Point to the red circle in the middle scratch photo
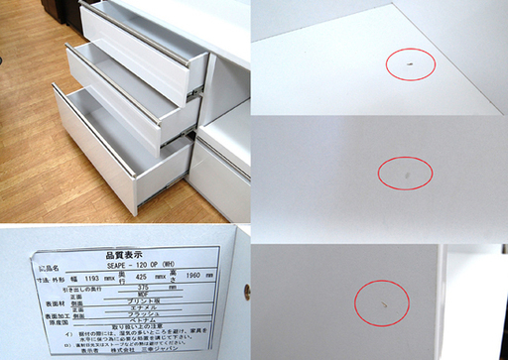405,174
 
